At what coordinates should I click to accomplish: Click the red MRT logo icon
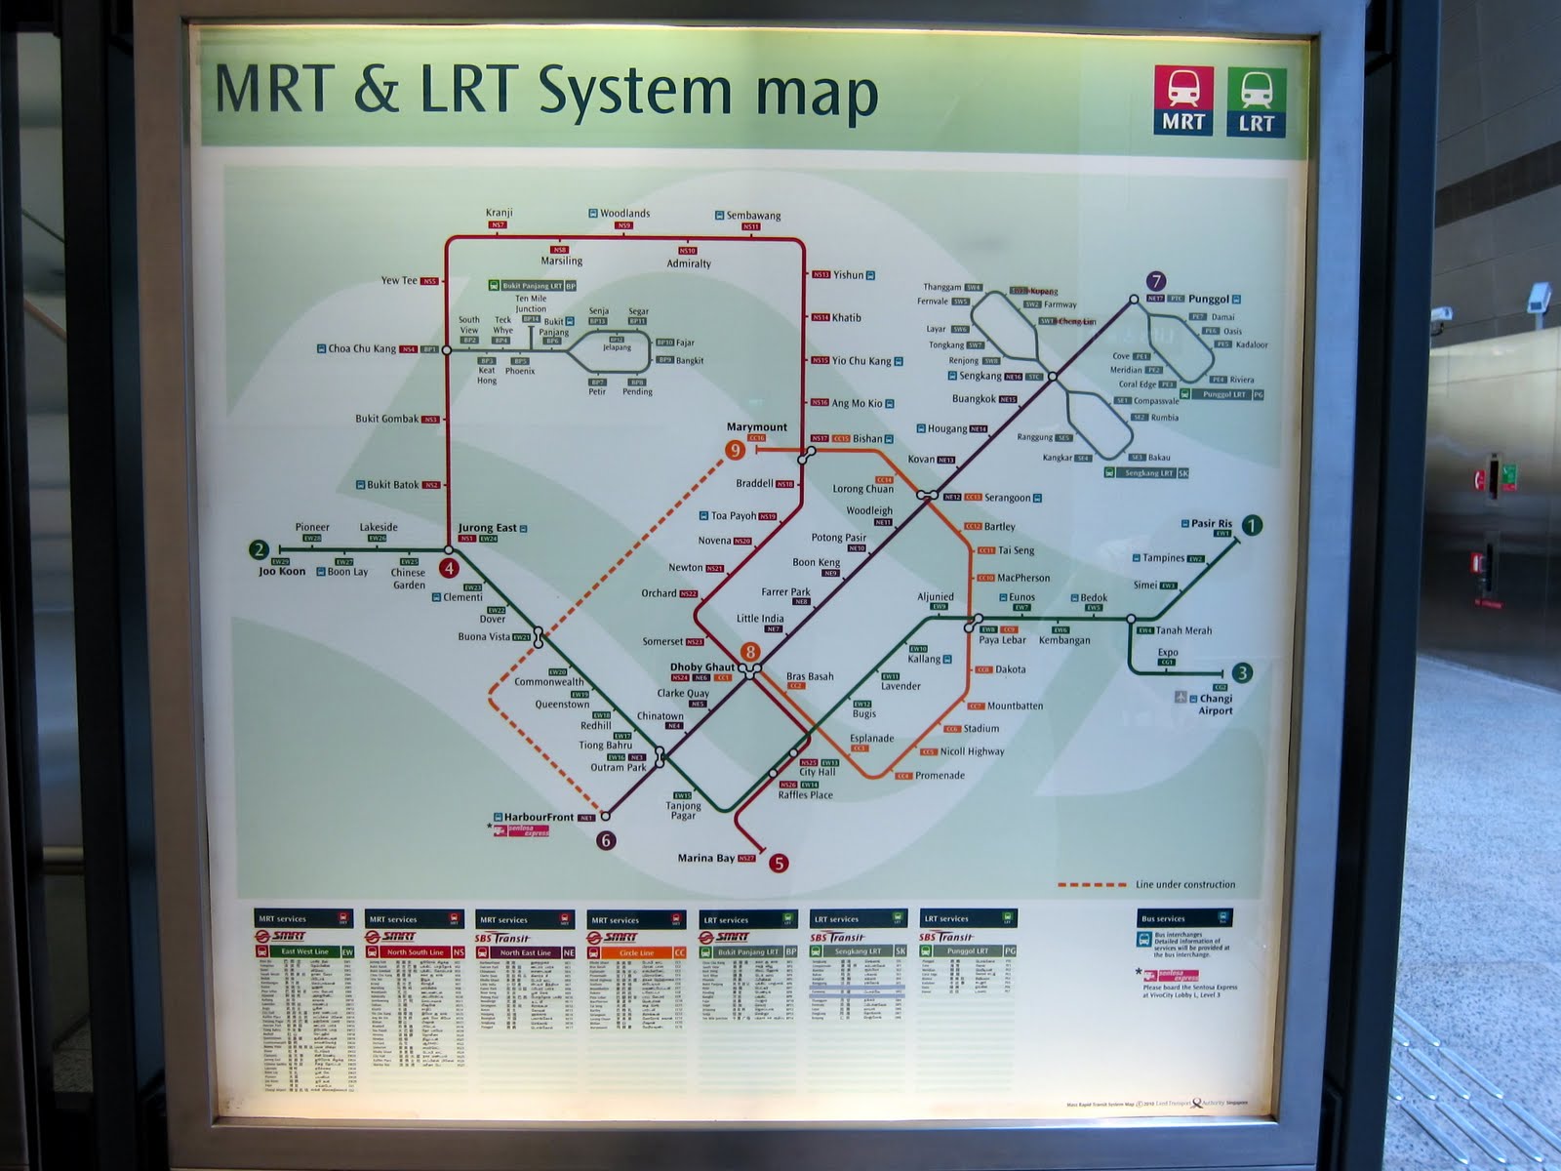pyautogui.click(x=1183, y=101)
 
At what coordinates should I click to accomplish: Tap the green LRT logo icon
pyautogui.click(x=1256, y=101)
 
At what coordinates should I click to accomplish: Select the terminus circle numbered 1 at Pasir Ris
pyautogui.click(x=1252, y=525)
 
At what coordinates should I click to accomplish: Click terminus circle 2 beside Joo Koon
pyautogui.click(x=259, y=549)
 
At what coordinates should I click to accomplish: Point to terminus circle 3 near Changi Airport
pyautogui.click(x=1242, y=672)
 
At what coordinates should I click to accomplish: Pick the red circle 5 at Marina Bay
pyautogui.click(x=779, y=863)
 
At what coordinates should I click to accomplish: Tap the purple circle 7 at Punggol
pyautogui.click(x=1156, y=282)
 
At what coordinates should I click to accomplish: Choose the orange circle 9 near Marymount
pyautogui.click(x=735, y=450)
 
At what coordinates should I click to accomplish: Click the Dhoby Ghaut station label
pyautogui.click(x=702, y=667)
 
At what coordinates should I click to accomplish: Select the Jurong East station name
pyautogui.click(x=488, y=528)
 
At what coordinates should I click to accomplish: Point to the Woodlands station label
pyautogui.click(x=624, y=213)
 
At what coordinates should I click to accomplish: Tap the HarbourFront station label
pyautogui.click(x=539, y=817)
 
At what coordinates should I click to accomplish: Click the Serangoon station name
pyautogui.click(x=1007, y=498)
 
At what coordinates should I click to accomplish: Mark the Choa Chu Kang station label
pyautogui.click(x=362, y=348)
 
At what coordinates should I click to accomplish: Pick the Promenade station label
pyautogui.click(x=940, y=776)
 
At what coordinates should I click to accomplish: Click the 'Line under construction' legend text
pyautogui.click(x=1185, y=885)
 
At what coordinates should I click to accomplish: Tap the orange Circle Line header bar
pyautogui.click(x=636, y=952)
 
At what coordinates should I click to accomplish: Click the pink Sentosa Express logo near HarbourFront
pyautogui.click(x=522, y=831)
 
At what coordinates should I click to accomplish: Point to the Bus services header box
pyautogui.click(x=1184, y=918)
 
